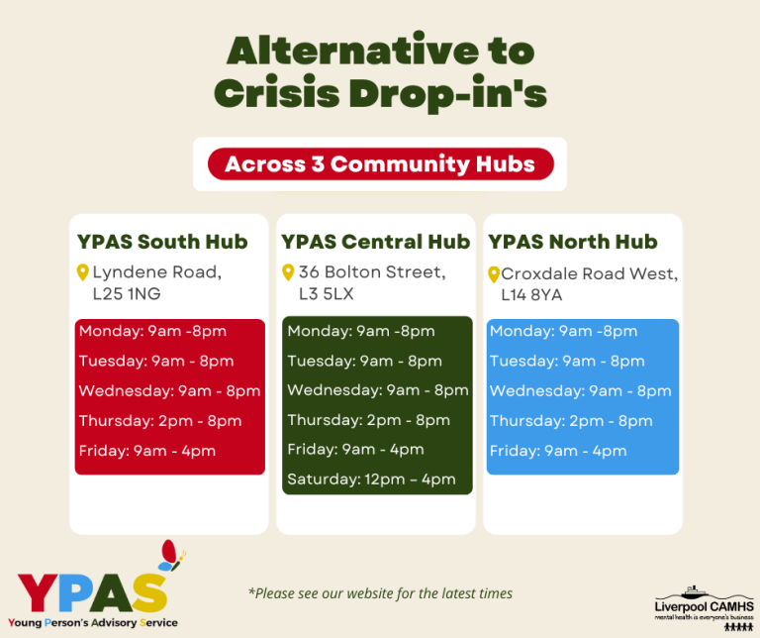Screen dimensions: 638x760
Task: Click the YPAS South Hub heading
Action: coord(162,242)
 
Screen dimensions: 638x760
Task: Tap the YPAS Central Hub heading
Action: coord(375,242)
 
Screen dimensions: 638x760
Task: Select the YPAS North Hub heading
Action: coord(573,242)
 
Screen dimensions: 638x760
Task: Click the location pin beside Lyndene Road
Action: coord(83,271)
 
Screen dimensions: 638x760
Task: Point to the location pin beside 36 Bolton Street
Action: coord(288,271)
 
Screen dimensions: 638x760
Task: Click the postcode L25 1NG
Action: coord(127,294)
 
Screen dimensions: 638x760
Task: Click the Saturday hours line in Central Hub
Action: coord(371,479)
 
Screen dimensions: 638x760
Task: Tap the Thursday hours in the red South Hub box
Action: coord(160,421)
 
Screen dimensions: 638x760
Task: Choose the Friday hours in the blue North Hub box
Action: coord(558,451)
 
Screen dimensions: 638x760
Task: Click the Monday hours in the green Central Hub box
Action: coord(361,331)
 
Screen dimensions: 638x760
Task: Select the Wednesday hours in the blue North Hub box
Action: coord(580,390)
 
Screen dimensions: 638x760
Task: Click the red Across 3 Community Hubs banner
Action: coord(380,163)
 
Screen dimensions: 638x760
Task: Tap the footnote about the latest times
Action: coord(380,593)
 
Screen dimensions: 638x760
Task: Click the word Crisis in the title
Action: coord(283,92)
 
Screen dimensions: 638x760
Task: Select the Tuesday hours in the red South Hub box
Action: coord(156,361)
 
